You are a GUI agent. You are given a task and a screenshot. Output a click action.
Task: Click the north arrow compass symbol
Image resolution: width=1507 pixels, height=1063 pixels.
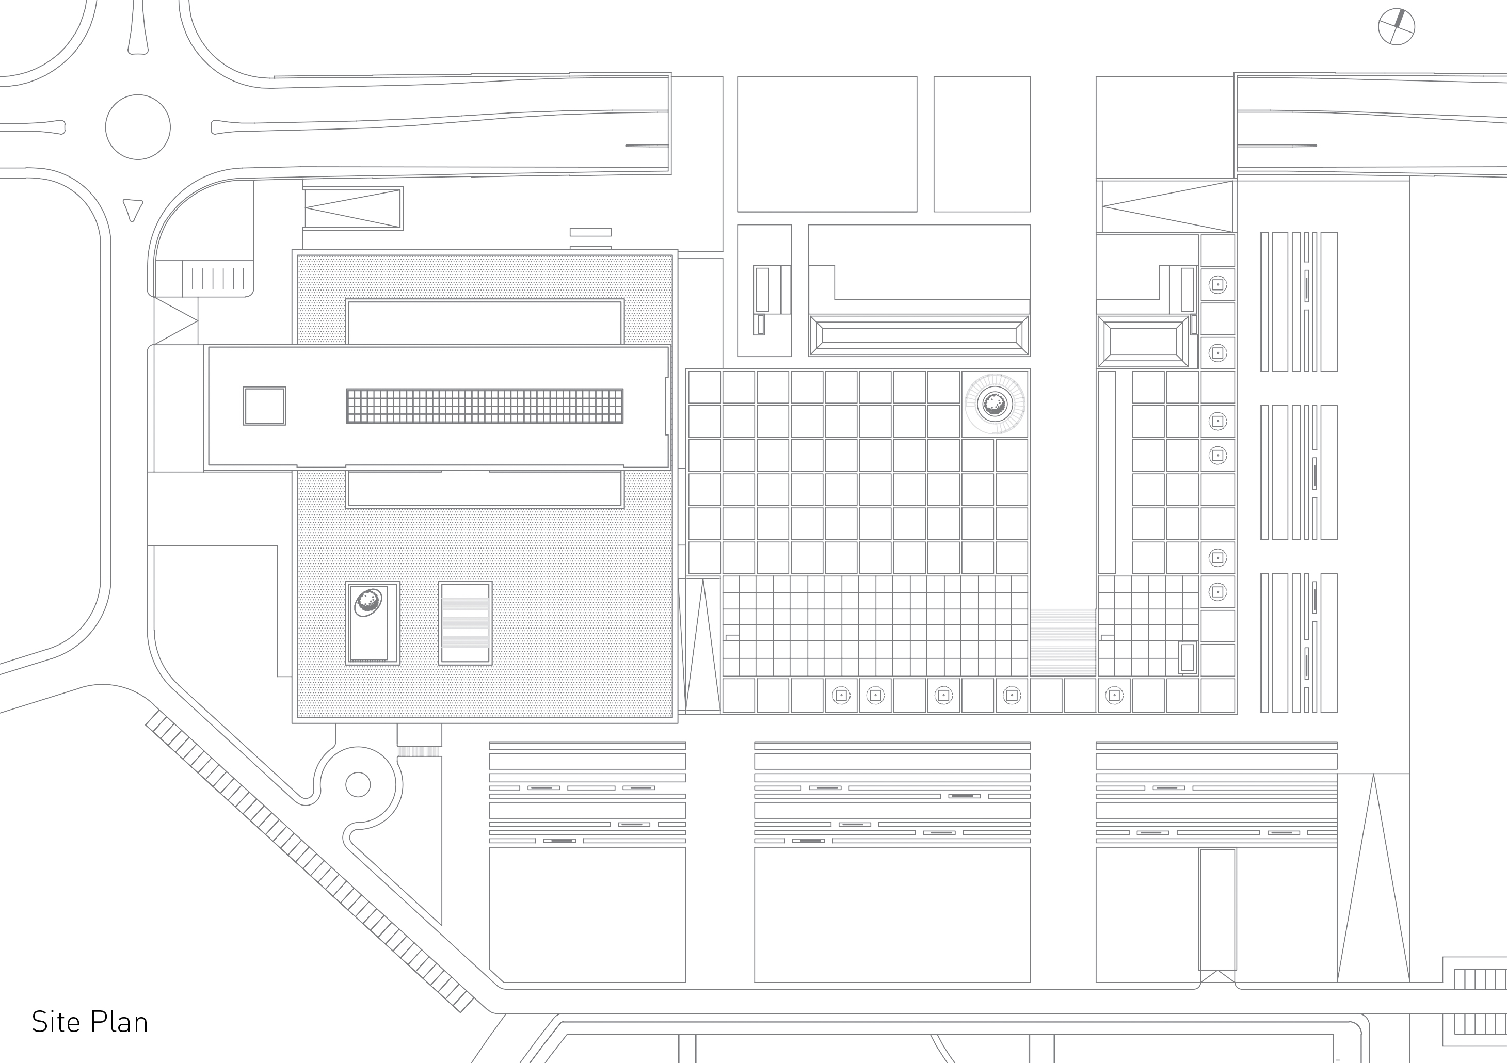(x=1396, y=27)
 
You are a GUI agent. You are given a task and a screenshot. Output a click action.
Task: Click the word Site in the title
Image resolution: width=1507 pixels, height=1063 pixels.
(x=55, y=1022)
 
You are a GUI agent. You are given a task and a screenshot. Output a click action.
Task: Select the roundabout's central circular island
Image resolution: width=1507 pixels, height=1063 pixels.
(x=138, y=126)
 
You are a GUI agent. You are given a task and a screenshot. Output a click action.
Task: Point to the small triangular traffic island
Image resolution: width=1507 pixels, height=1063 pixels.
(x=133, y=208)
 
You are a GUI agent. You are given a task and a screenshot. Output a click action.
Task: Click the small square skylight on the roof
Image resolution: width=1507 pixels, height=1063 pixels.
(x=265, y=406)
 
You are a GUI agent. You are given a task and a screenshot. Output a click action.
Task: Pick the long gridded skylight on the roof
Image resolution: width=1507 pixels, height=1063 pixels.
(x=485, y=406)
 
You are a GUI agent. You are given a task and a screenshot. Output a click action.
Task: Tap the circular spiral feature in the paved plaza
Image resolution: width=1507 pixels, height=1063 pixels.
(x=995, y=403)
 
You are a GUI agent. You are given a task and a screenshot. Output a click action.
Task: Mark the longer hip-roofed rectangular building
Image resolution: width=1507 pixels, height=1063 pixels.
(x=919, y=336)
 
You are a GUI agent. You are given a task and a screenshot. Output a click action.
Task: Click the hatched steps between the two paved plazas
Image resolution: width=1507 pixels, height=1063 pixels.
(x=1063, y=642)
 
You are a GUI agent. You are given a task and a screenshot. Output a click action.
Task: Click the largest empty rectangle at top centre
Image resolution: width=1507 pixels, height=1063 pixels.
(x=827, y=143)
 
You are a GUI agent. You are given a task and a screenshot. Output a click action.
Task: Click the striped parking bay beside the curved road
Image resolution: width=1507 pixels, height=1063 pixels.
(x=217, y=278)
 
